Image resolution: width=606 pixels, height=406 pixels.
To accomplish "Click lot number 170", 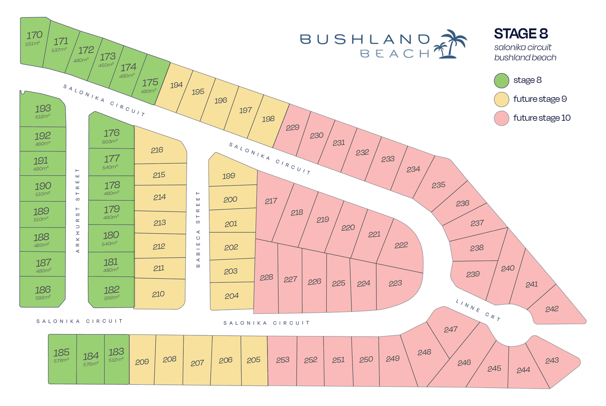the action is pyautogui.click(x=34, y=35).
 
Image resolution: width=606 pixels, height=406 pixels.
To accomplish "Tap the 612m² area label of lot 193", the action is pyautogui.click(x=43, y=117).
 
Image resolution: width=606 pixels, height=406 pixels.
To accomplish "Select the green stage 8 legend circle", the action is pyautogui.click(x=501, y=80).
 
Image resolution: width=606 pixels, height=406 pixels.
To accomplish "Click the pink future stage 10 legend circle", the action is pyautogui.click(x=501, y=118).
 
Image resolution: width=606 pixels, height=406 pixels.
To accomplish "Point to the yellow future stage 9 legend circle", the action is pyautogui.click(x=501, y=99).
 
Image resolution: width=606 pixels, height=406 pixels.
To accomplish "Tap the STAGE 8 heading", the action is pyautogui.click(x=521, y=34).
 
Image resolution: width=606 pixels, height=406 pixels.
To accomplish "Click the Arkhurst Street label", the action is pyautogui.click(x=78, y=211).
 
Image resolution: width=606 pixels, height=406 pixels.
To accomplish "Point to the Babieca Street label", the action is pyautogui.click(x=198, y=229).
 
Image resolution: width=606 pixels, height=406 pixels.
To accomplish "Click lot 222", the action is pyautogui.click(x=401, y=245).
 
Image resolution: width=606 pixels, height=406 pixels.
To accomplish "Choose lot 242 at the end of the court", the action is pyautogui.click(x=552, y=309).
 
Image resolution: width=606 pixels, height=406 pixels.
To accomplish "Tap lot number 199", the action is pyautogui.click(x=229, y=176).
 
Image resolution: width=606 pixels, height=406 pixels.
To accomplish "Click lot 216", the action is pyautogui.click(x=157, y=150).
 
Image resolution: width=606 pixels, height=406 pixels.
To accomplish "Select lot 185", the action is pyautogui.click(x=61, y=353).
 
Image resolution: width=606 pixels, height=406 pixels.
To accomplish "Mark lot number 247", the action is pyautogui.click(x=451, y=329).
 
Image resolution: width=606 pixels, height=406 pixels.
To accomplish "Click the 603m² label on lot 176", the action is pyautogui.click(x=110, y=142).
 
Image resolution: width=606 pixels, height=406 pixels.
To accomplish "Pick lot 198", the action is pyautogui.click(x=268, y=119).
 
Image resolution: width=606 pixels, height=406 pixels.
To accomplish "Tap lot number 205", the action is pyautogui.click(x=253, y=360).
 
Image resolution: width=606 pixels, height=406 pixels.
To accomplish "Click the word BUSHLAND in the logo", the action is pyautogui.click(x=365, y=39).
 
